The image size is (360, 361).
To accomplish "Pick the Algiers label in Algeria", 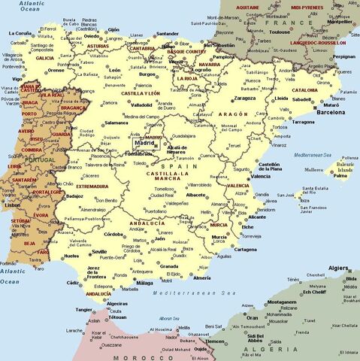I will click(x=340, y=267).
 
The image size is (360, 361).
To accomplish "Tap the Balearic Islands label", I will click(x=346, y=167).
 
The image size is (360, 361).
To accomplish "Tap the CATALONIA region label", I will click(x=304, y=89).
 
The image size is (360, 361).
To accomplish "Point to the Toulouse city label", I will click(x=280, y=33).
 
